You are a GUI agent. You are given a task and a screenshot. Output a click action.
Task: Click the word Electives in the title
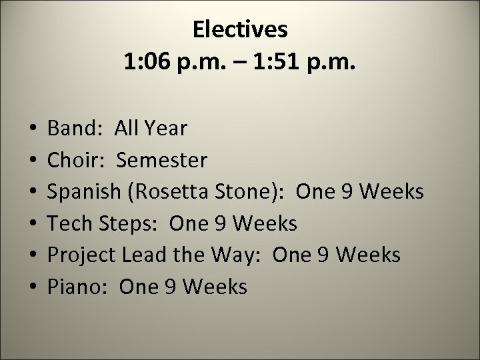coord(240,29)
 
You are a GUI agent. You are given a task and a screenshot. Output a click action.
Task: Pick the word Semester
coord(163,160)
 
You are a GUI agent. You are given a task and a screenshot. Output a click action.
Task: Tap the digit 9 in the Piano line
coord(174,287)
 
